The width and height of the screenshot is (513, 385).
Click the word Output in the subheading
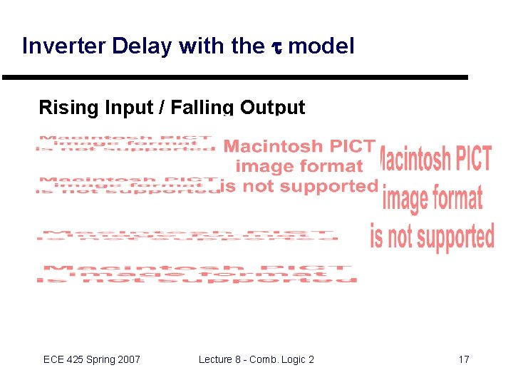tap(272, 108)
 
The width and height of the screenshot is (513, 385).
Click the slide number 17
tap(463, 359)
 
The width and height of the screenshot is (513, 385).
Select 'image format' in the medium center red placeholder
tap(299, 166)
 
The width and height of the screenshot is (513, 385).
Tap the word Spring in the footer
tap(100, 359)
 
